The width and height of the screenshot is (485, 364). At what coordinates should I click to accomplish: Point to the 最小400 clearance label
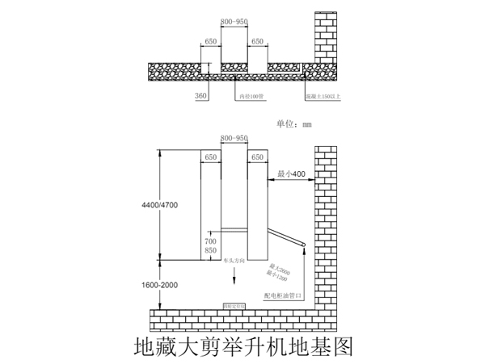pos(291,174)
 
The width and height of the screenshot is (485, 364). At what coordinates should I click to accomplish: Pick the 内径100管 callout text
pos(251,96)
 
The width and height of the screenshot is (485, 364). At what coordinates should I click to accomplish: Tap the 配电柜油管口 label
pos(283,296)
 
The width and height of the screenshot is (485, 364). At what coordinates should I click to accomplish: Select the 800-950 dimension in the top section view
pos(234,23)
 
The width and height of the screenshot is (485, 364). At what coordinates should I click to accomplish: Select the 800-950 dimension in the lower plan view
pos(234,139)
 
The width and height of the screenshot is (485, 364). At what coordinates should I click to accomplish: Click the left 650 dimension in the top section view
pos(210,40)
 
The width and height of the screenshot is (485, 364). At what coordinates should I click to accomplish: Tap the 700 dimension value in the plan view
pos(210,241)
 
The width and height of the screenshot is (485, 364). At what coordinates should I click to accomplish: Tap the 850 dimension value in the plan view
pos(210,252)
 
